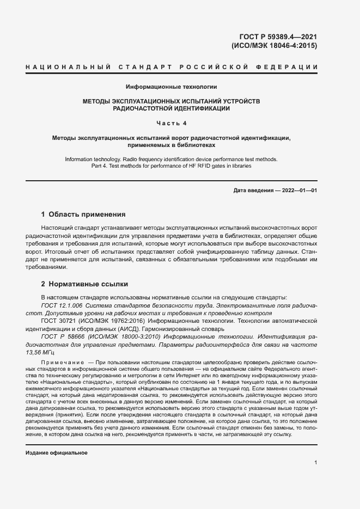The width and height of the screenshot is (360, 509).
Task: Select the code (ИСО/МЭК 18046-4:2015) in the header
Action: (x=274, y=46)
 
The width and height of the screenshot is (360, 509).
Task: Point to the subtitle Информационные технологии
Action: (x=172, y=87)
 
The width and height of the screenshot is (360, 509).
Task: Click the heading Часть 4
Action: (x=172, y=122)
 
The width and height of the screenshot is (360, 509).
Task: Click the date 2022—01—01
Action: (x=298, y=190)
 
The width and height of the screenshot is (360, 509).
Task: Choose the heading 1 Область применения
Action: (x=83, y=214)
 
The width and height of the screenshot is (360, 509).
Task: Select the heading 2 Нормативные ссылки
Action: (x=84, y=284)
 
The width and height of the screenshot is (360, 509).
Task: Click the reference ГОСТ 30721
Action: (x=59, y=322)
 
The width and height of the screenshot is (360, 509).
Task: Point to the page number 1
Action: (x=316, y=462)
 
